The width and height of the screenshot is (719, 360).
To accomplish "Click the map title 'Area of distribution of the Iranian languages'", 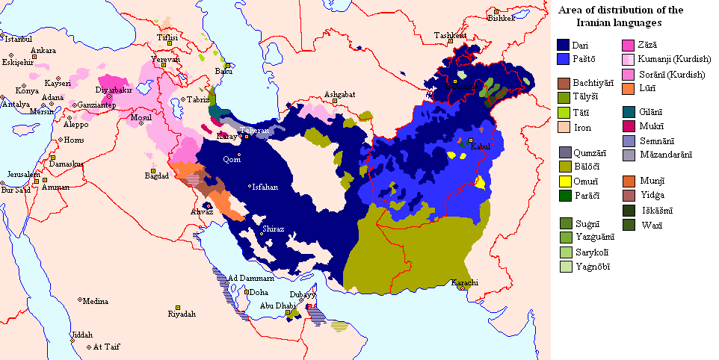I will pyautogui.click(x=633, y=16).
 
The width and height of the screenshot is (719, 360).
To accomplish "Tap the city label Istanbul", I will pyautogui.click(x=19, y=38).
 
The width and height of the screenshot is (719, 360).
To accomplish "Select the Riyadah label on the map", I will pyautogui.click(x=182, y=314).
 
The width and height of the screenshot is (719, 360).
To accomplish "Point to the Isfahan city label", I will pyautogui.click(x=265, y=187).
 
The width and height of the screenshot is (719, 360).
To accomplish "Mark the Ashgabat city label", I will pyautogui.click(x=339, y=94).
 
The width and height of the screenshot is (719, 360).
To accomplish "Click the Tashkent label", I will pyautogui.click(x=451, y=35).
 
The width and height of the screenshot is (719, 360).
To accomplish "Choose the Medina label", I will pyautogui.click(x=95, y=302).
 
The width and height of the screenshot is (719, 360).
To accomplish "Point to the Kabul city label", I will pyautogui.click(x=478, y=147).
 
